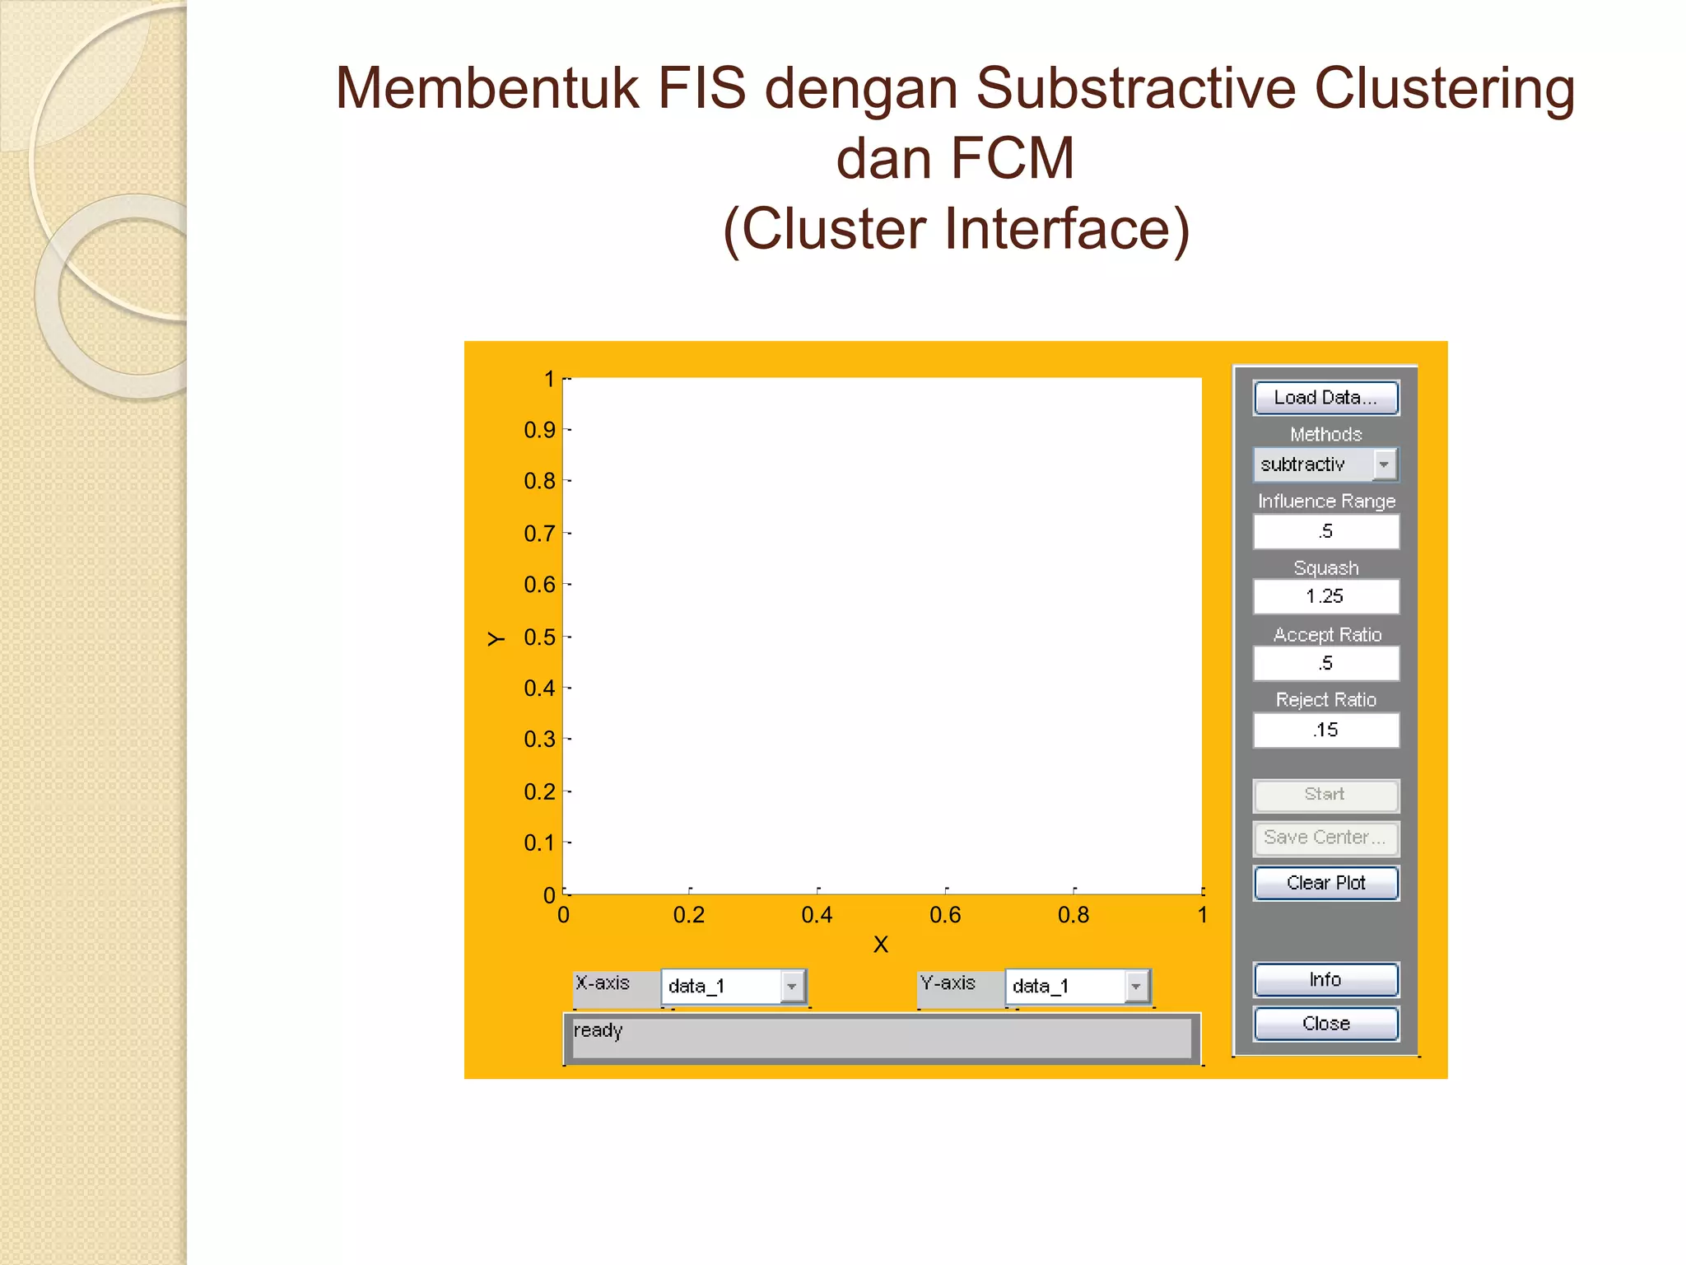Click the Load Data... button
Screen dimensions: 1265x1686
click(x=1325, y=398)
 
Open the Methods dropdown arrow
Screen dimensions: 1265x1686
click(x=1385, y=464)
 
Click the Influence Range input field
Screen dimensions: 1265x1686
click(x=1325, y=531)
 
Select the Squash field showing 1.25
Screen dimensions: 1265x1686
click(x=1325, y=596)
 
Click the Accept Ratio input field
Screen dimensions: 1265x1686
click(x=1325, y=663)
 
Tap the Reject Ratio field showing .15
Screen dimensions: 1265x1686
click(x=1325, y=730)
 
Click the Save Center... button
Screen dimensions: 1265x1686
click(x=1325, y=838)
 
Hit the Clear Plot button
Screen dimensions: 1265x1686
click(x=1325, y=883)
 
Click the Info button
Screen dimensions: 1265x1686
click(x=1325, y=979)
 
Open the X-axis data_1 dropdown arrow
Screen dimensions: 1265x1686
click(x=792, y=986)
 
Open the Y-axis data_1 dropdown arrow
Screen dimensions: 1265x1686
click(x=1136, y=986)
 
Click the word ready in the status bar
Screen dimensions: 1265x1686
click(x=598, y=1030)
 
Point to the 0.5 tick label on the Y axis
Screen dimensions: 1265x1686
click(x=539, y=637)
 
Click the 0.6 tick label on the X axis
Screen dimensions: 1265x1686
click(x=945, y=915)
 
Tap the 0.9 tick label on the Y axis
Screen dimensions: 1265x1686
click(x=539, y=430)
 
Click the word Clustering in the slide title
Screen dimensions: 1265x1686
click(x=1445, y=88)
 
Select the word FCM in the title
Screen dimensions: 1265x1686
click(x=1012, y=158)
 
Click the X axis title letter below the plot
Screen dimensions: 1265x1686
click(x=881, y=945)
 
